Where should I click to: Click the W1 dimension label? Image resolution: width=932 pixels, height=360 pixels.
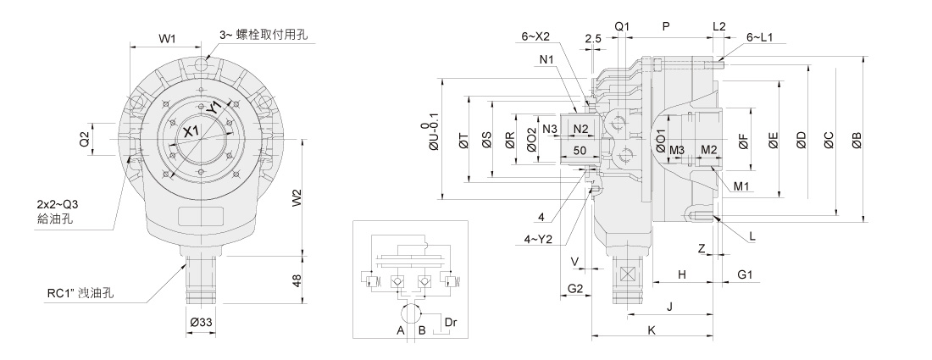tap(167, 38)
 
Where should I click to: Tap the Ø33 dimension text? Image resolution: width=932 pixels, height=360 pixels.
tap(200, 322)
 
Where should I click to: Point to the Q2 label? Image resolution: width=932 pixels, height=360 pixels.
tap(85, 139)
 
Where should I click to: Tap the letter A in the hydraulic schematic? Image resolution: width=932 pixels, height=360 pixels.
tap(400, 330)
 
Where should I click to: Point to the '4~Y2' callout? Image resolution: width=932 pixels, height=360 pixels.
tap(536, 239)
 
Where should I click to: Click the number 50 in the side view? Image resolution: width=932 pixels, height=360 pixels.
tap(580, 150)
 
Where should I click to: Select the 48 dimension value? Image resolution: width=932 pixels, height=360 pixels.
tap(297, 280)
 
